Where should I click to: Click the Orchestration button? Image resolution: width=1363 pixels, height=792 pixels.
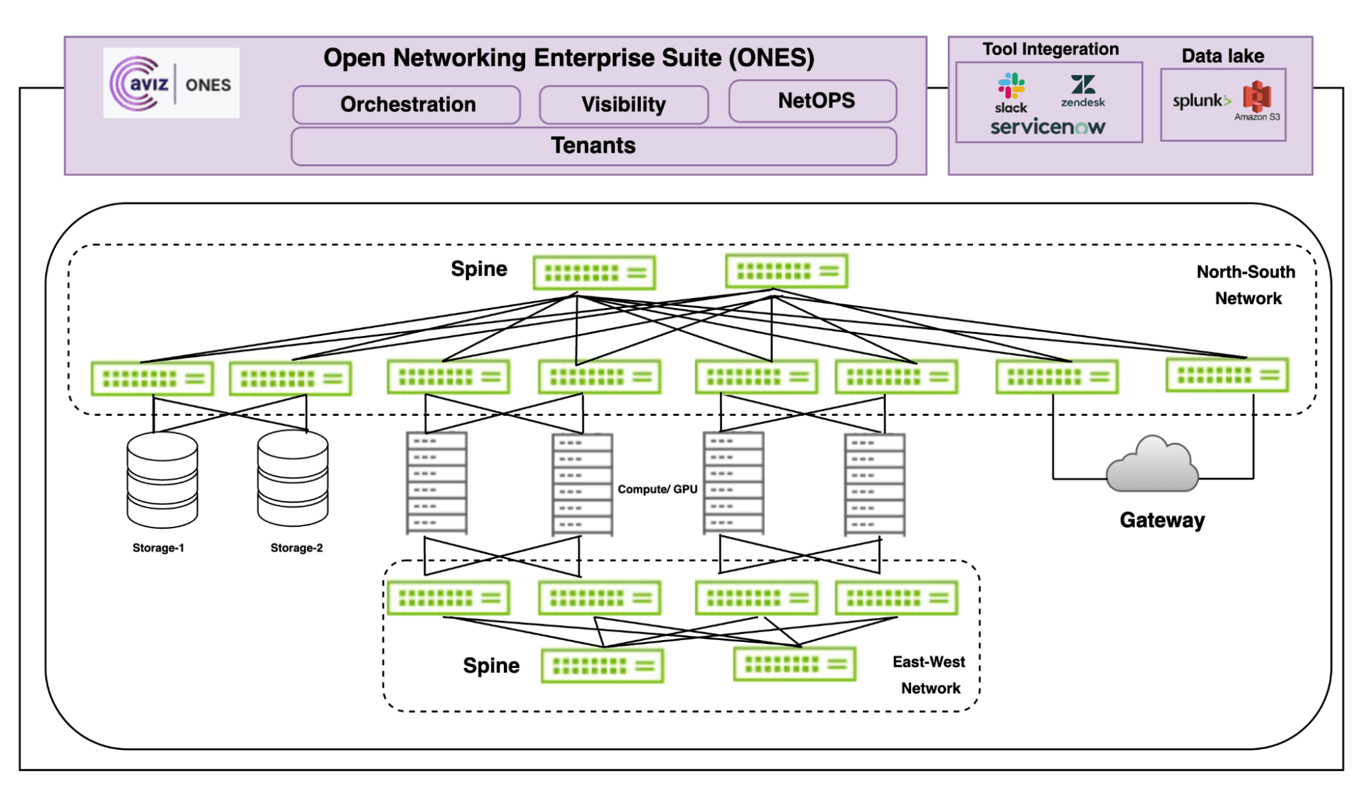pos(407,104)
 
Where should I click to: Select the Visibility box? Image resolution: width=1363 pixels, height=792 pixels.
pos(623,104)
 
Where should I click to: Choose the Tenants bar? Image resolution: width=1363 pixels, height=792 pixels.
pos(593,146)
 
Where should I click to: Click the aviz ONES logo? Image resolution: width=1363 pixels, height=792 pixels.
pos(171,84)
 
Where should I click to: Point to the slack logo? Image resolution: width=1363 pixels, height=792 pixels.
pos(1011,93)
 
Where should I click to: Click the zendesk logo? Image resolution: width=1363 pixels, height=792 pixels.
pos(1083,91)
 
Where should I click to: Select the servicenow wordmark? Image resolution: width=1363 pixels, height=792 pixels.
pos(1047,127)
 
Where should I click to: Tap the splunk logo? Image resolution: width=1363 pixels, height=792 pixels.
pos(1201,101)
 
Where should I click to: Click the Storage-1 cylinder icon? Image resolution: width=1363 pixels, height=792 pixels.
pos(162,480)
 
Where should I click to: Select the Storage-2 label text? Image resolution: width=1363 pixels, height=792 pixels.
pos(297,548)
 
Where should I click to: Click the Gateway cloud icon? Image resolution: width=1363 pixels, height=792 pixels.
pos(1152,465)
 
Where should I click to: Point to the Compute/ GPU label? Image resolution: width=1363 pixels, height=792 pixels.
pos(657,489)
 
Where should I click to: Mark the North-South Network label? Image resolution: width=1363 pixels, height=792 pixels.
pos(1246,285)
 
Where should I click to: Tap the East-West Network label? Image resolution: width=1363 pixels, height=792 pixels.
pos(929,675)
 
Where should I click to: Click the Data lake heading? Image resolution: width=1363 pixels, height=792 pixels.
pos(1223,56)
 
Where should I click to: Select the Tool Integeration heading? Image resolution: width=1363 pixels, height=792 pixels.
pos(1050,49)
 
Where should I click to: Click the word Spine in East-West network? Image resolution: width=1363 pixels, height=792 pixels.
pos(491,665)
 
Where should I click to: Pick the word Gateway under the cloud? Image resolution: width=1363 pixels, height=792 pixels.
pos(1162,520)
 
